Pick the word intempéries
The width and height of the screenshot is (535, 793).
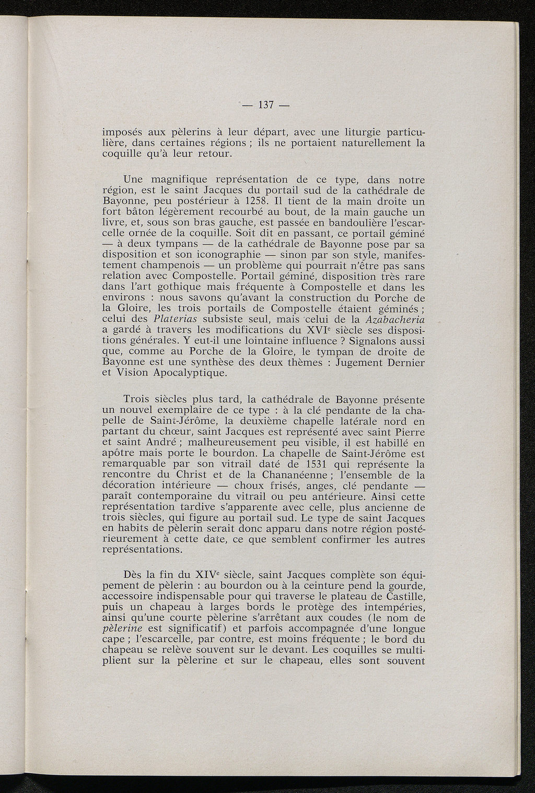point(392,607)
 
